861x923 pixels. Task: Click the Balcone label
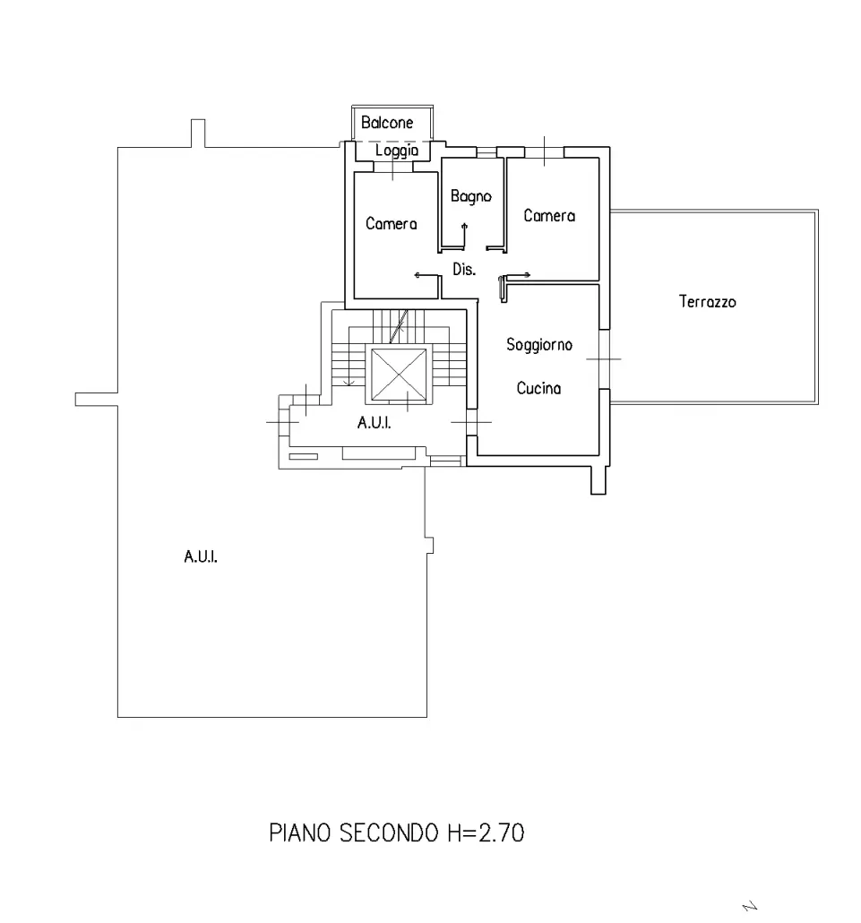(x=387, y=123)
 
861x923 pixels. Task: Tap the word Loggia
(x=397, y=151)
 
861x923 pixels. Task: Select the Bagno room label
(x=470, y=196)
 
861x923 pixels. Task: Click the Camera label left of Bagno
(x=391, y=224)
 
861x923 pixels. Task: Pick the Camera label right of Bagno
(x=549, y=215)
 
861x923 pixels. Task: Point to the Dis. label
(x=464, y=269)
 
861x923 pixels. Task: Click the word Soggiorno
(x=539, y=344)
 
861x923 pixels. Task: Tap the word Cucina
(x=538, y=388)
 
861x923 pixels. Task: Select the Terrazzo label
(x=708, y=301)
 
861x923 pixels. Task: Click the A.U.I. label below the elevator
(x=374, y=423)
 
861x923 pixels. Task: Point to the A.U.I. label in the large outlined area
(x=201, y=556)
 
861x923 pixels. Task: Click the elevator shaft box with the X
(x=399, y=375)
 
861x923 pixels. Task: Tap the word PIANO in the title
(x=299, y=832)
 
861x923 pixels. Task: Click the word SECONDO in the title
(x=389, y=832)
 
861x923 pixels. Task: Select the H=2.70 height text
(x=486, y=832)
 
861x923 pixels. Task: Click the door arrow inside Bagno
(x=464, y=234)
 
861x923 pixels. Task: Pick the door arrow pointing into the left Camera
(x=428, y=275)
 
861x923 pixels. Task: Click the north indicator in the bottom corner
(x=750, y=907)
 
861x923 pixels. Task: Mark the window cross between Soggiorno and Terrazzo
(x=604, y=358)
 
